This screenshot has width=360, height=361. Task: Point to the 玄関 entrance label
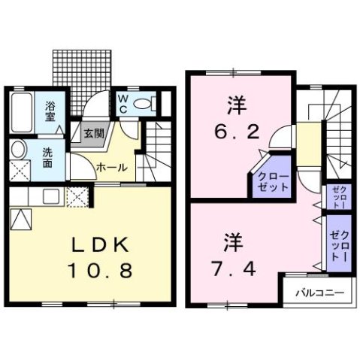94,134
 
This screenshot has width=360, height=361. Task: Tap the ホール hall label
111,168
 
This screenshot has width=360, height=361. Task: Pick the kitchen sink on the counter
51,197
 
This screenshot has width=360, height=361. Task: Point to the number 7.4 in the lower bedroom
233,266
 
